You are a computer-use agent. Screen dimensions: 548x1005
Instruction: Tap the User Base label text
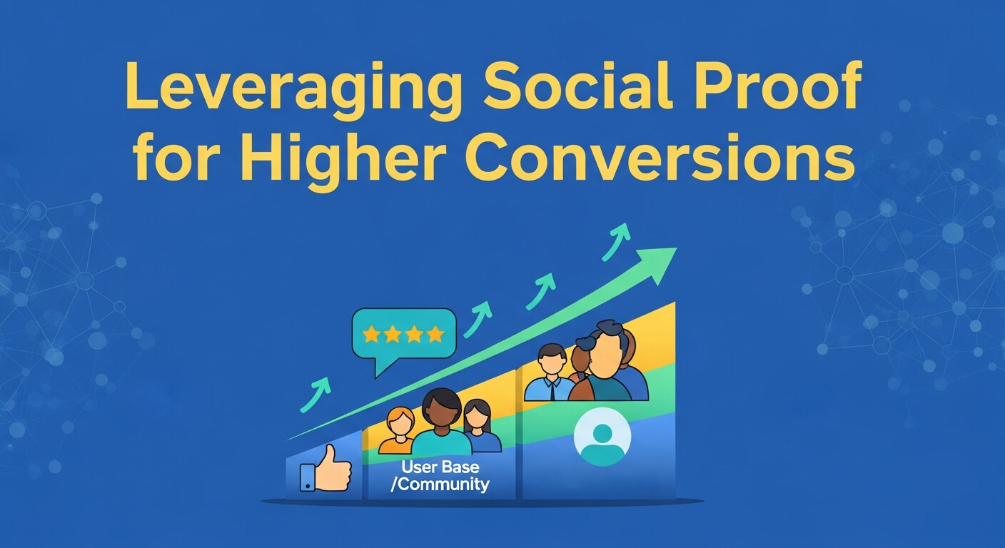pyautogui.click(x=440, y=468)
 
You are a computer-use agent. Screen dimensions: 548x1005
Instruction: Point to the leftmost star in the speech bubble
pyautogui.click(x=370, y=334)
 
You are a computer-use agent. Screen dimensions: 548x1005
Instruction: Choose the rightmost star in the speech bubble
pyautogui.click(x=435, y=334)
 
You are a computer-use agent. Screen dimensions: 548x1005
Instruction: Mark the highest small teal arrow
pyautogui.click(x=617, y=240)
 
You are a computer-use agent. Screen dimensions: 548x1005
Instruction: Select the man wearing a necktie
pyautogui.click(x=551, y=371)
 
